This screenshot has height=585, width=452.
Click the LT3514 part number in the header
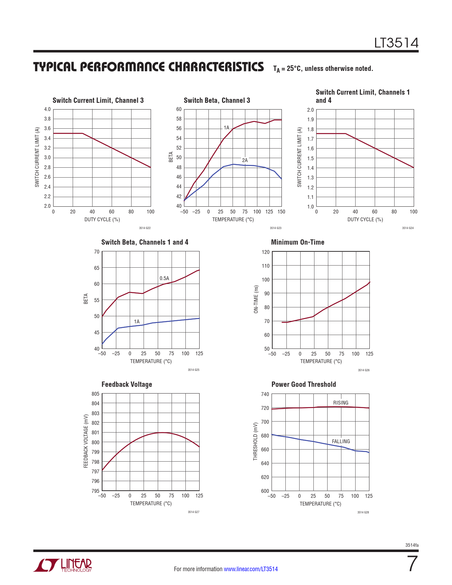pyautogui.click(x=396, y=43)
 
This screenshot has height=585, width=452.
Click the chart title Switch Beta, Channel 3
pyautogui.click(x=217, y=100)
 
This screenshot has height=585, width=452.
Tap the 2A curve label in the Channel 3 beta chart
pyautogui.click(x=245, y=160)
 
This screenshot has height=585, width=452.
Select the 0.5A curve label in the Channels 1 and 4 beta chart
pyautogui.click(x=164, y=278)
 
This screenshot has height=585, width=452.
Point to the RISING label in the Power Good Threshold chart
pyautogui.click(x=340, y=403)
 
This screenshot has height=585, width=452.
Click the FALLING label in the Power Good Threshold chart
pyautogui.click(x=341, y=441)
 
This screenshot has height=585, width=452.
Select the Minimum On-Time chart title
pyautogui.click(x=297, y=242)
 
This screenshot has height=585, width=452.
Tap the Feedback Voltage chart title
pyautogui.click(x=127, y=384)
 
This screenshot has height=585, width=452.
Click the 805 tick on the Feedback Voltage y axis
pyautogui.click(x=95, y=394)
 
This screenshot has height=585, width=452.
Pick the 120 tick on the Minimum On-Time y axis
pyautogui.click(x=266, y=252)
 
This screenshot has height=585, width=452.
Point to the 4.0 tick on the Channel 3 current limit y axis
pyautogui.click(x=47, y=109)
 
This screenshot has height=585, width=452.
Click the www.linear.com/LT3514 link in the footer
pyautogui.click(x=251, y=569)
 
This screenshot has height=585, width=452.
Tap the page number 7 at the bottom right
pyautogui.click(x=412, y=564)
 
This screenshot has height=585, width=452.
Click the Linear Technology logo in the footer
pyautogui.click(x=63, y=565)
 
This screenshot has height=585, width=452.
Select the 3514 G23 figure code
pyautogui.click(x=275, y=228)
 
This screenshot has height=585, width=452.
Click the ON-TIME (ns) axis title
pyautogui.click(x=256, y=299)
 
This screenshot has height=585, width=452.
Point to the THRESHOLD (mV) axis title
pyautogui.click(x=255, y=441)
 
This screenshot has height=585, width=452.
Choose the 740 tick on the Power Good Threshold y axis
pyautogui.click(x=265, y=394)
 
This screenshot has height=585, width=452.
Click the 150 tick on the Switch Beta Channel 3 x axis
pyautogui.click(x=281, y=212)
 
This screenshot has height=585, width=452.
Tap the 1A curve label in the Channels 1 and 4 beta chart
pyautogui.click(x=136, y=322)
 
